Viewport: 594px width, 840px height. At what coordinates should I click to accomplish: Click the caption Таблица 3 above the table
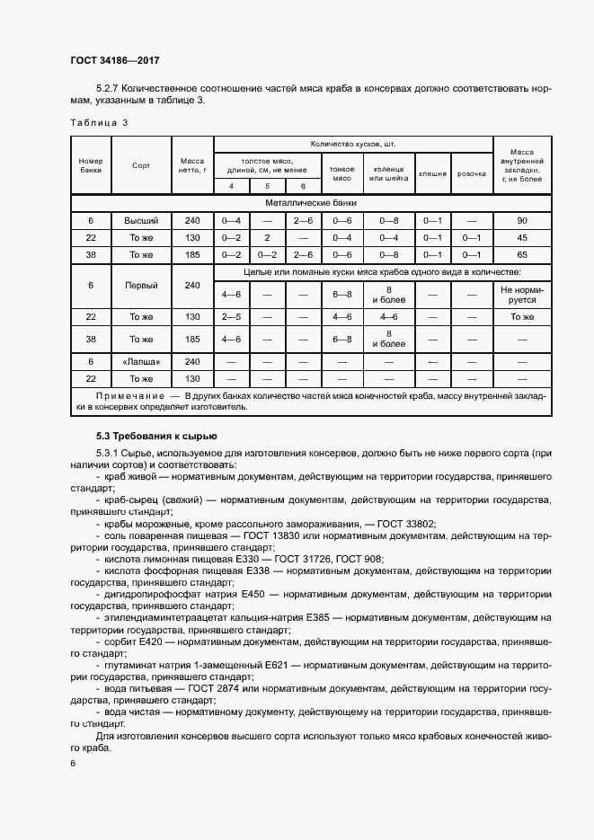pos(99,122)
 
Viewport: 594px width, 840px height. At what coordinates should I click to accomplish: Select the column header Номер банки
pos(91,165)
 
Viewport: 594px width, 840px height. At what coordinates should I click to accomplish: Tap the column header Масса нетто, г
pos(192,165)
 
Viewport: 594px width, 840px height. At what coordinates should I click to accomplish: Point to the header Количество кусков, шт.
pos(352,144)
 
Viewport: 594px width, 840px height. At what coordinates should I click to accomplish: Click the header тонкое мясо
pos(341,172)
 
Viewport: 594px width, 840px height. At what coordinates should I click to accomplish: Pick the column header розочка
pos(465,173)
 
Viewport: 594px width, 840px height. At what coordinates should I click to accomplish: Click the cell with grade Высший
pos(141,220)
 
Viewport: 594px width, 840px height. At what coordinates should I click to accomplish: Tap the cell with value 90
pos(522,220)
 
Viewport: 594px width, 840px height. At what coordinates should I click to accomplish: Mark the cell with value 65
pos(522,255)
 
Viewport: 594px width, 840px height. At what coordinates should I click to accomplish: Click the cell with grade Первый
pos(141,286)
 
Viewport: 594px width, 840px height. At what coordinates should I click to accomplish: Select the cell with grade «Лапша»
pos(141,360)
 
